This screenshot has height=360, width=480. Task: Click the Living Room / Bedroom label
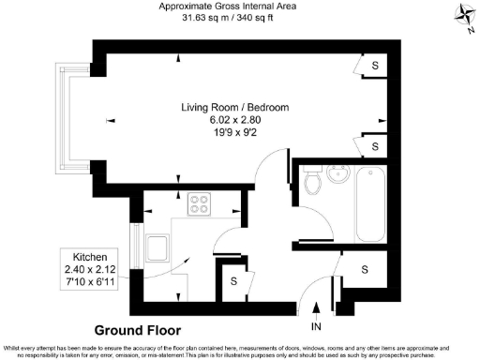(x=234, y=108)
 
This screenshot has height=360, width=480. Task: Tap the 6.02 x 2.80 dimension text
(x=234, y=121)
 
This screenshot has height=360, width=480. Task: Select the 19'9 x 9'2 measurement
(x=234, y=133)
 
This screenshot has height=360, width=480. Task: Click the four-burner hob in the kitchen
(x=200, y=203)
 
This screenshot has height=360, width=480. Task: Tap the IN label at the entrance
(x=316, y=326)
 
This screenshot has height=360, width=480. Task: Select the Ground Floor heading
(x=137, y=330)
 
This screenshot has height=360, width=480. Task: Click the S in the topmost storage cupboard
(x=375, y=66)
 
